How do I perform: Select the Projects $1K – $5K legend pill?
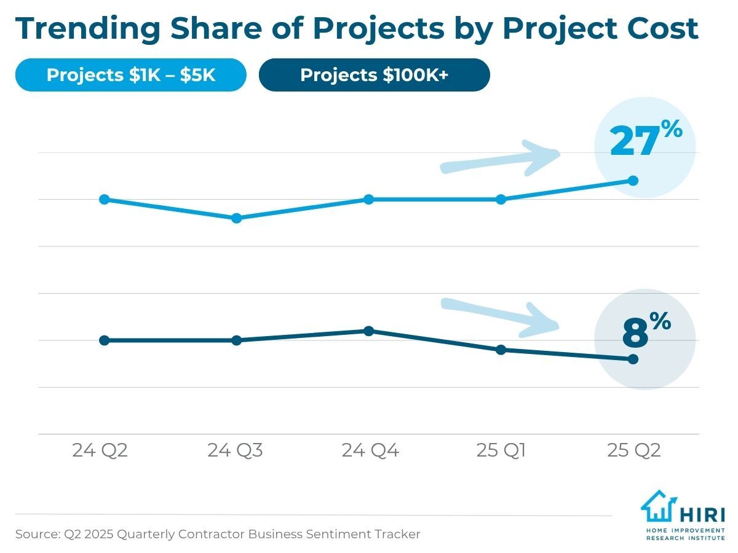coord(130,75)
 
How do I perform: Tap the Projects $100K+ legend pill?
coord(374,75)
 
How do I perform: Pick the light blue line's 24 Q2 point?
coord(105,199)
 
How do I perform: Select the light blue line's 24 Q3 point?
coord(237,218)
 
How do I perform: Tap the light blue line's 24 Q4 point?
coord(369,199)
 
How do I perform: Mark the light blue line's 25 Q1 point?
coord(501,199)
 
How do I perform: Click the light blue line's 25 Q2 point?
coord(633,180)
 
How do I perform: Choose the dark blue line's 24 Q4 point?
coord(369,331)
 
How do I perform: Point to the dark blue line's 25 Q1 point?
coord(501,350)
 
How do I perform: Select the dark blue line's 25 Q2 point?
coord(633,359)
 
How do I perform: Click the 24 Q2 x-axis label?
coord(100,451)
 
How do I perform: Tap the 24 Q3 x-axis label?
coord(235,451)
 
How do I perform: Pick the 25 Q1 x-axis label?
coord(501,451)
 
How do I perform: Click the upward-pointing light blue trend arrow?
coord(501,159)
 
